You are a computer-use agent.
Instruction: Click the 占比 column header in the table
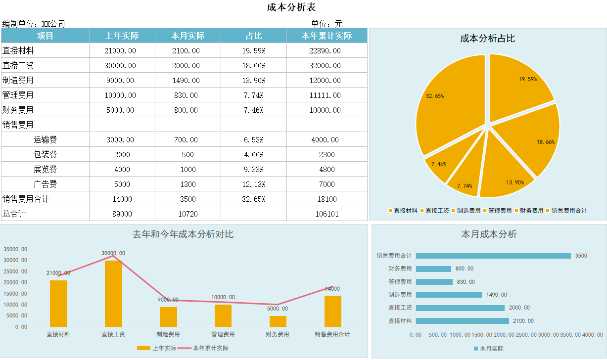click(254, 36)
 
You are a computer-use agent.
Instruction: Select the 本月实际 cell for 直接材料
click(188, 50)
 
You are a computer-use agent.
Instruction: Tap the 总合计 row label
click(14, 214)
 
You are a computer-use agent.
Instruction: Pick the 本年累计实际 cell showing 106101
click(327, 214)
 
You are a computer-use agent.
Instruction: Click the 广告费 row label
click(45, 184)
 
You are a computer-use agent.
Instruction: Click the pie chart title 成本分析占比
click(487, 39)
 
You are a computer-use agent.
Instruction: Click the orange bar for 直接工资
click(113, 293)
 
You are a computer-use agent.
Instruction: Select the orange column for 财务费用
click(278, 321)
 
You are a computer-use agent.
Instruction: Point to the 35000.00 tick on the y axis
click(15, 249)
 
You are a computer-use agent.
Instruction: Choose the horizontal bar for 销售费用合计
click(493, 256)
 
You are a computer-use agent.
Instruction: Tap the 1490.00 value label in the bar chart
click(496, 295)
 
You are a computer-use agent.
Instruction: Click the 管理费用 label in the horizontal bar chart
click(400, 282)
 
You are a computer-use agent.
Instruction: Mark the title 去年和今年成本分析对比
click(183, 234)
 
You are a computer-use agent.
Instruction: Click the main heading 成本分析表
click(291, 7)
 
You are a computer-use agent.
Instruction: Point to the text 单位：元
click(327, 23)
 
